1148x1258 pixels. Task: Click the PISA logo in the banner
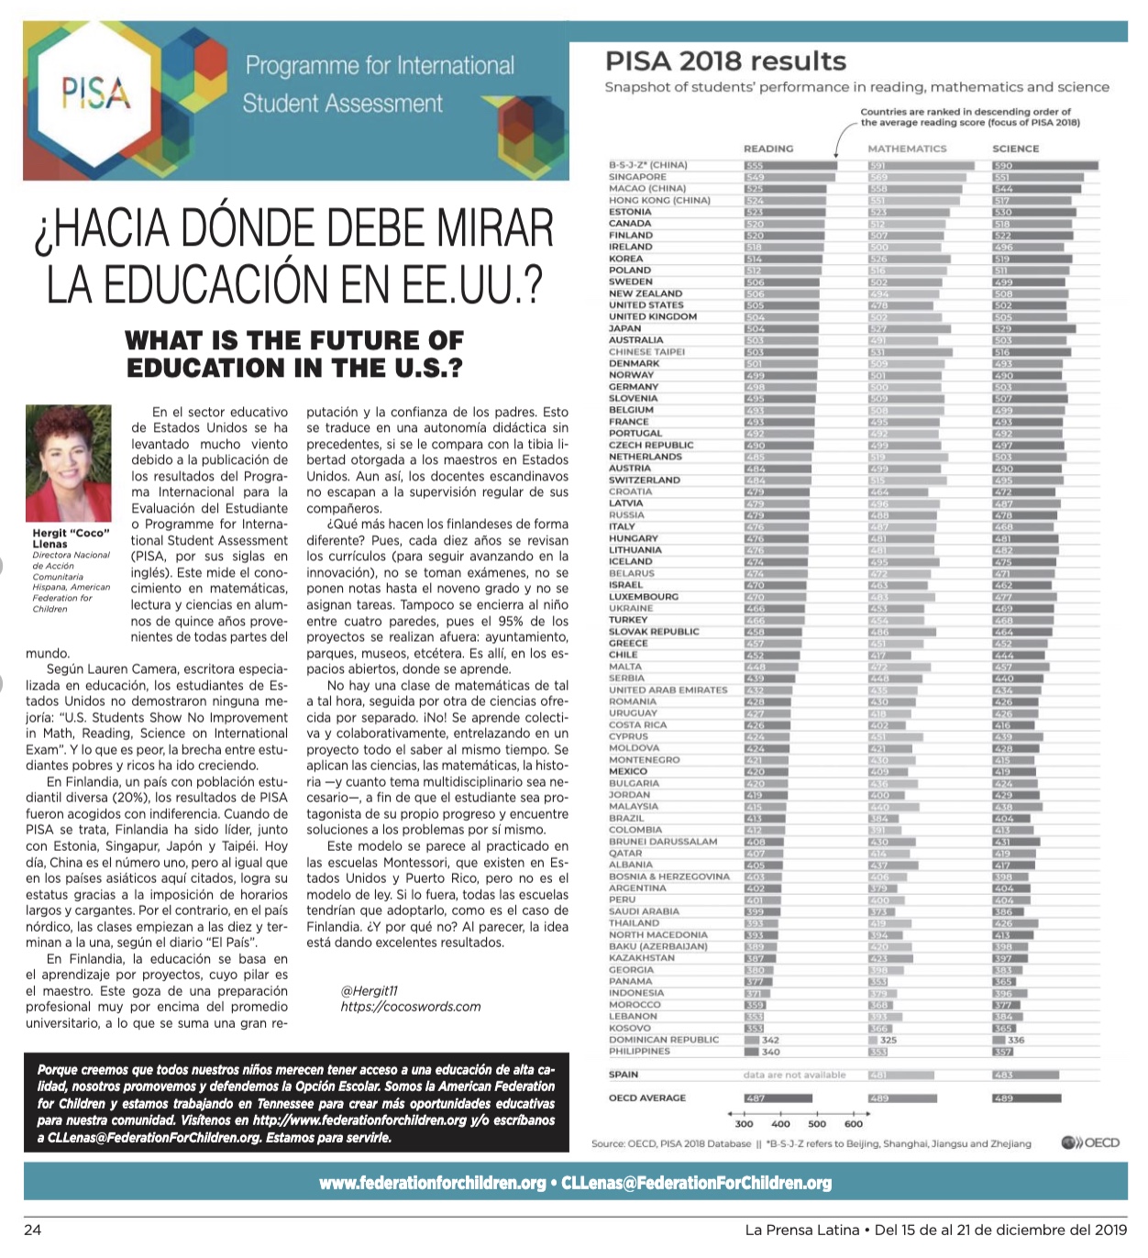(95, 94)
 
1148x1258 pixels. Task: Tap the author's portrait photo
(69, 462)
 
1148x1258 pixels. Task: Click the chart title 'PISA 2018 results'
(725, 61)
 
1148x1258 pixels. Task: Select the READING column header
(767, 149)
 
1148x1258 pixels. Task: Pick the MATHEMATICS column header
(907, 149)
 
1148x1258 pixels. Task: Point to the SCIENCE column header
(1016, 149)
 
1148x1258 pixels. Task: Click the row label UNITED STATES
(646, 305)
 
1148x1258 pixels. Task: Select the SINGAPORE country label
(638, 177)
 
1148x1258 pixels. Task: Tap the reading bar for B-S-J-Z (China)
(789, 166)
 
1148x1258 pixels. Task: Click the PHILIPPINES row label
(639, 1052)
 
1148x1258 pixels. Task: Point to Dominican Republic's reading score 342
(770, 1040)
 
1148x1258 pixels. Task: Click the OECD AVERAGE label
(647, 1098)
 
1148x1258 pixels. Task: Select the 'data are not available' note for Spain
(794, 1075)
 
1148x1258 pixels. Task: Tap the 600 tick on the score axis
(854, 1123)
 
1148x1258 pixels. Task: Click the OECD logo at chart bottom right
(1090, 1142)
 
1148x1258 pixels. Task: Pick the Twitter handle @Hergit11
(370, 990)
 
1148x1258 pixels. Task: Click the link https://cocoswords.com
(411, 1007)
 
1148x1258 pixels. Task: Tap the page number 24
(32, 1230)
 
